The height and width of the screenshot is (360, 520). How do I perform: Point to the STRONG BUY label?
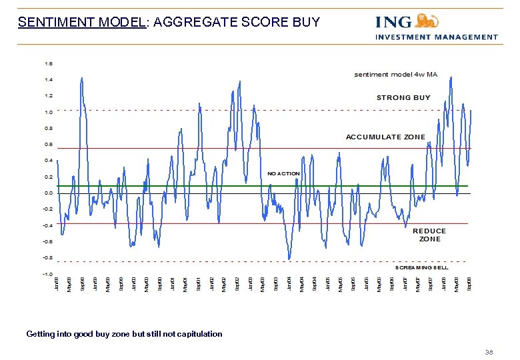click(x=403, y=97)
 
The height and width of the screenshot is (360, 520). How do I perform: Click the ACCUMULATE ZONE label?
click(x=385, y=137)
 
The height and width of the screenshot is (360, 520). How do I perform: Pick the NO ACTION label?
click(x=283, y=173)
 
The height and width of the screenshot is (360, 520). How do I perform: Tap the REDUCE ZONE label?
click(x=429, y=235)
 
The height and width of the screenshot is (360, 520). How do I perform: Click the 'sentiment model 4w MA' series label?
click(x=395, y=75)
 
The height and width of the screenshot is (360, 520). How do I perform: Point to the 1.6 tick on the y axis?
click(x=49, y=63)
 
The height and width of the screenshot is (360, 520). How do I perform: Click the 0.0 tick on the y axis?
click(x=49, y=193)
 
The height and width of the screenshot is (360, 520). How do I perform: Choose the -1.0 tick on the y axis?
click(x=48, y=273)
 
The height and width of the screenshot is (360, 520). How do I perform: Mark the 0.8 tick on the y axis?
click(x=49, y=128)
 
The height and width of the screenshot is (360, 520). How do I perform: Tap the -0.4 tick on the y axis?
click(x=48, y=225)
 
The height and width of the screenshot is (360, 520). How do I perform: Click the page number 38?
click(x=489, y=353)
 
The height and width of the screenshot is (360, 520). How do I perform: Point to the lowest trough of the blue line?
click(x=289, y=259)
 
